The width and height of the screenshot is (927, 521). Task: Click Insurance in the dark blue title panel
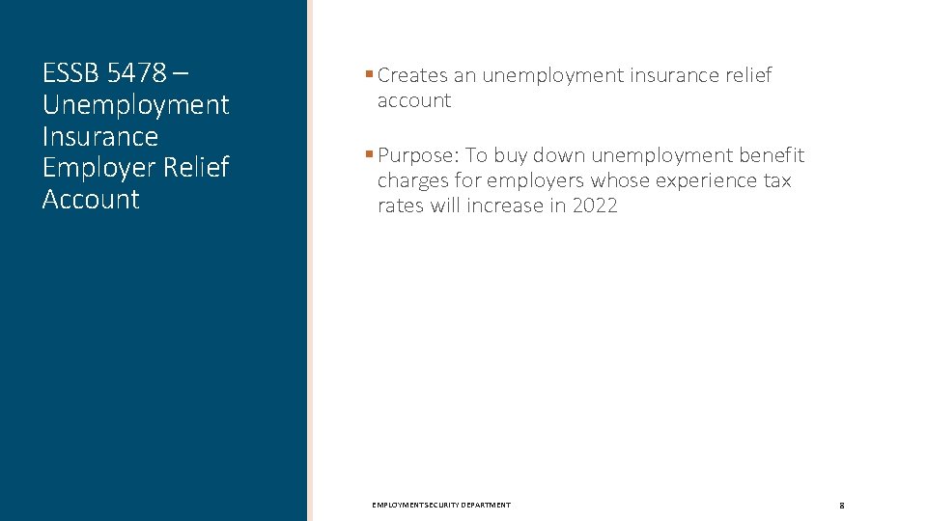click(x=99, y=136)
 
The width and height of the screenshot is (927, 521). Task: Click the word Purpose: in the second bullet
click(x=418, y=155)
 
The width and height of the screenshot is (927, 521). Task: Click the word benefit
click(x=771, y=155)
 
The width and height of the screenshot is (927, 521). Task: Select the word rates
click(x=401, y=206)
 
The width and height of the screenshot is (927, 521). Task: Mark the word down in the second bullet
click(x=559, y=155)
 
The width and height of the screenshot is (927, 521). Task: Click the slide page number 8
click(x=842, y=506)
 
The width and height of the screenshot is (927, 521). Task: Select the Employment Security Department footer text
click(x=441, y=506)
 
